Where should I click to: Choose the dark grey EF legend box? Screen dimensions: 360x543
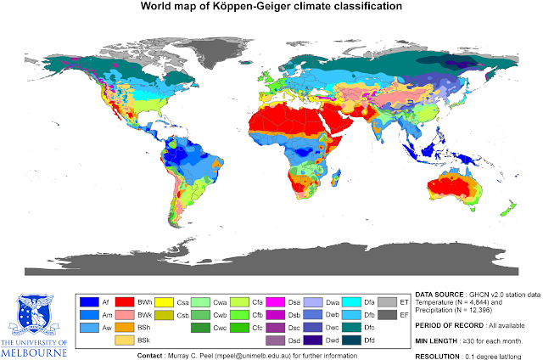pos(387,314)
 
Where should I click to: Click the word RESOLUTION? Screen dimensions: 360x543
pos(438,354)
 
